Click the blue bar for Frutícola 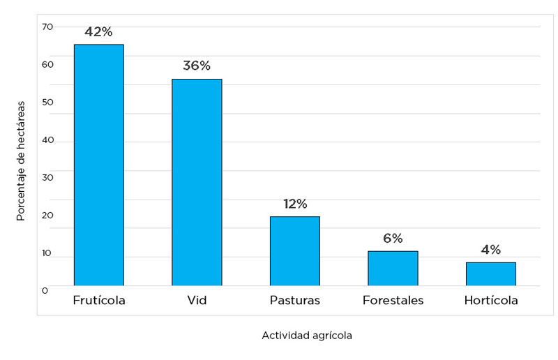click(99, 165)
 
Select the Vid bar click(197, 182)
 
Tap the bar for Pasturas click(295, 250)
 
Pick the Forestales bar click(393, 268)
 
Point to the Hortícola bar click(491, 273)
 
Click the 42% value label click(98, 32)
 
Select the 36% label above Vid click(197, 66)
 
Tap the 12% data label click(295, 204)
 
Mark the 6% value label click(393, 238)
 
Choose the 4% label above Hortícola click(491, 250)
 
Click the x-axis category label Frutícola click(99, 301)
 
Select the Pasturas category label click(295, 301)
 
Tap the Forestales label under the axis click(393, 301)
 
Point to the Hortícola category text click(491, 301)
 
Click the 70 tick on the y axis click(47, 27)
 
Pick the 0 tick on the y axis click(45, 290)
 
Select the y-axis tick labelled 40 click(47, 140)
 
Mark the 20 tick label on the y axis click(47, 216)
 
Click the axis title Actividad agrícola click(307, 336)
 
